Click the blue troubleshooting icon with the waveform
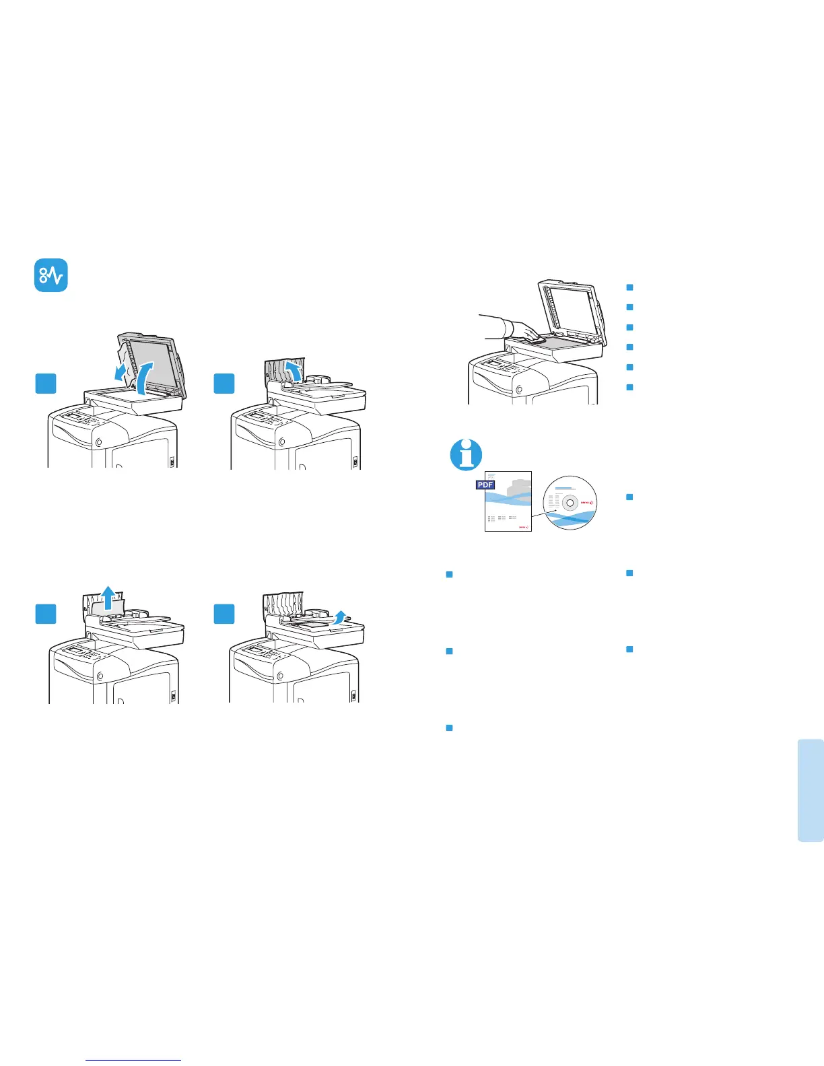51,275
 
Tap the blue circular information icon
466,454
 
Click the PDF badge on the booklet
485,485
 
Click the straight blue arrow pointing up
106,598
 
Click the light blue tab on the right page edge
811,790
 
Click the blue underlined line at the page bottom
133,1060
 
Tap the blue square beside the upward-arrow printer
46,614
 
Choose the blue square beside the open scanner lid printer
46,384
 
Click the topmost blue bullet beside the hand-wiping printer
630,287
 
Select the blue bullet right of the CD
630,497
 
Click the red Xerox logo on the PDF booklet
523,527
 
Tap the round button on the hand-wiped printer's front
519,389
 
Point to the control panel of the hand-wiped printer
495,365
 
